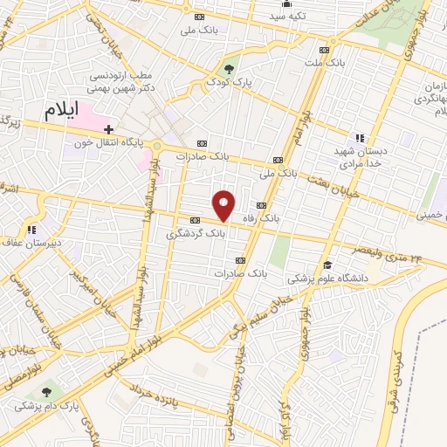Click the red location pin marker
coord(224,205)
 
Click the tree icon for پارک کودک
coord(230,67)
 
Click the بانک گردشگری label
coord(196,234)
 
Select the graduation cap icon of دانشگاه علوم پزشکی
coord(327,265)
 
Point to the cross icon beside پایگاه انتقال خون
coord(108,129)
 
